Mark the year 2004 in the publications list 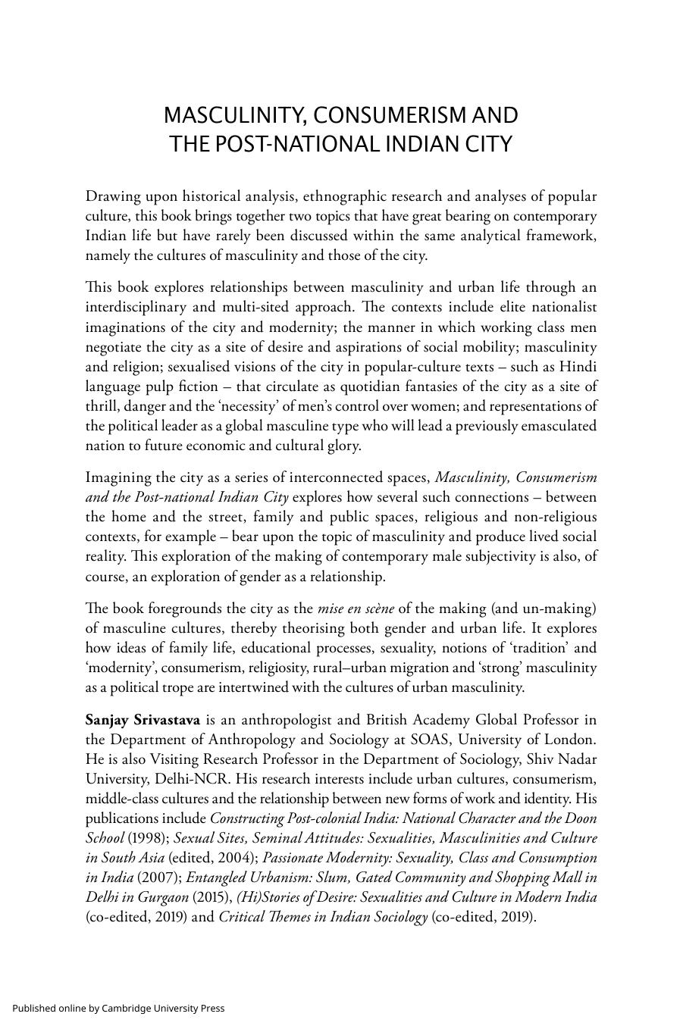(x=235, y=858)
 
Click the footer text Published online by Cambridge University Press (x=118, y=1008)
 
